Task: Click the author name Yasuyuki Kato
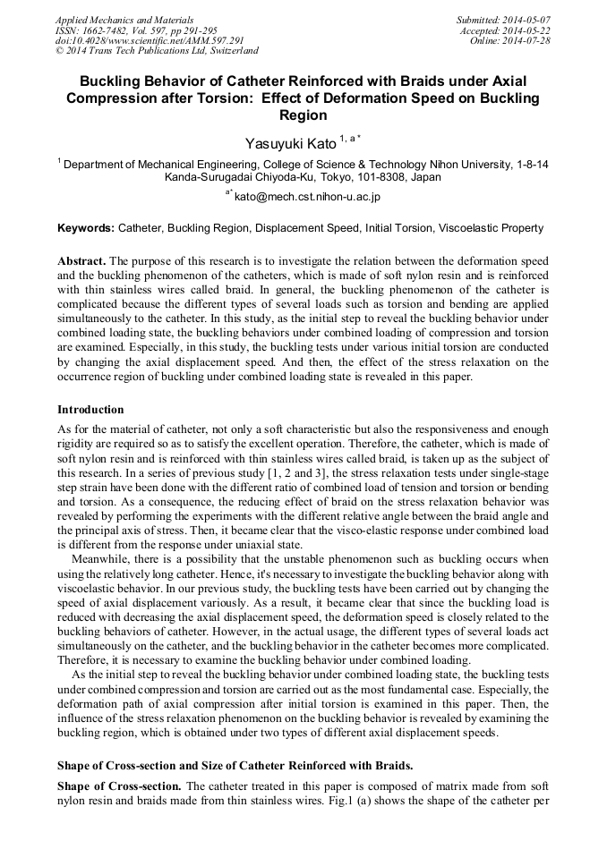[289, 143]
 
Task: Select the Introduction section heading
[90, 410]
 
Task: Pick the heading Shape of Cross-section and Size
[235, 766]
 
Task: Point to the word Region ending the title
[303, 115]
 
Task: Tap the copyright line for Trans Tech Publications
[157, 51]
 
